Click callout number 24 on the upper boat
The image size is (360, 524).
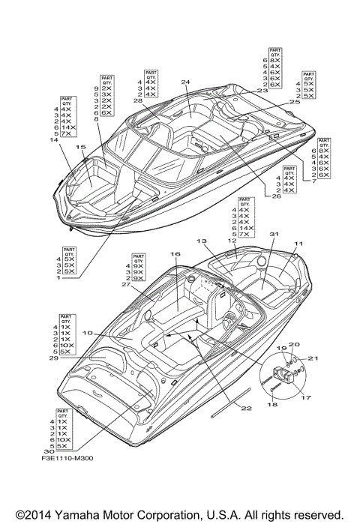(184, 82)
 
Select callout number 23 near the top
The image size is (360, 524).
(262, 91)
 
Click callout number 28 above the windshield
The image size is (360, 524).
(138, 100)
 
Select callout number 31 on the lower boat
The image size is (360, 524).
(274, 235)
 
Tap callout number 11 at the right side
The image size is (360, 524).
(298, 244)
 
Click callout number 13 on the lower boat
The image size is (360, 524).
(202, 241)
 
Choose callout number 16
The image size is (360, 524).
(174, 255)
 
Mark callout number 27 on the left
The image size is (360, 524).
(126, 285)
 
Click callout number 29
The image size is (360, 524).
(51, 359)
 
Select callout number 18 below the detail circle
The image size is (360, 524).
(271, 405)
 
